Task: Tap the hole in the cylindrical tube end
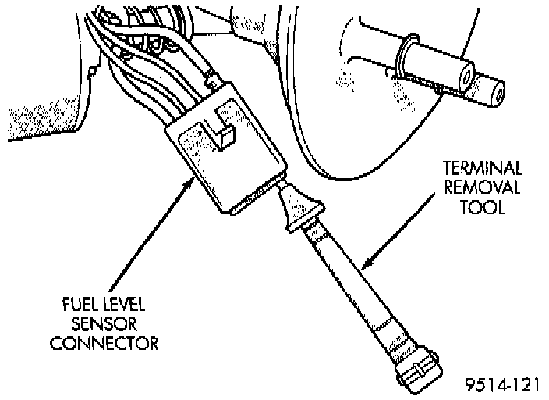[x=466, y=79]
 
